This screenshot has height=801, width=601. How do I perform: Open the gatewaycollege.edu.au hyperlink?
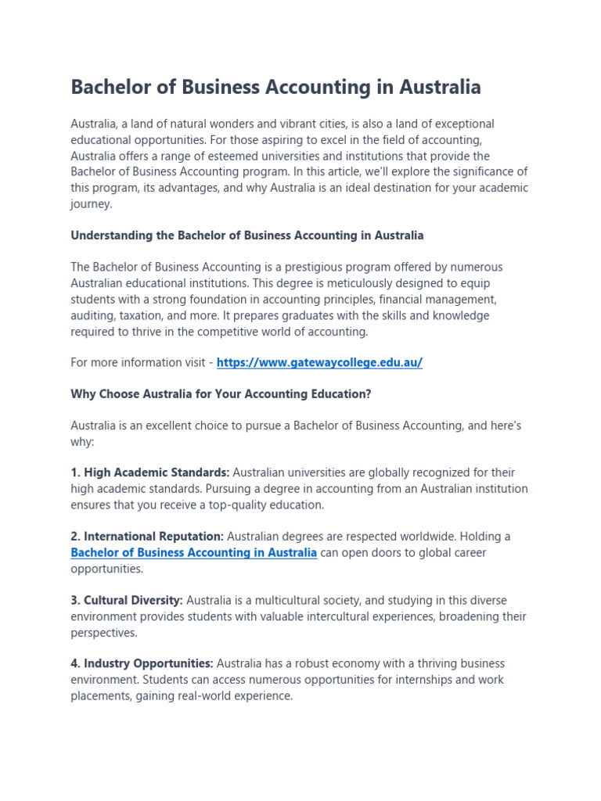coord(319,363)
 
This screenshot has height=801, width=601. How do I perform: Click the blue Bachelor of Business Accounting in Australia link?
coord(194,553)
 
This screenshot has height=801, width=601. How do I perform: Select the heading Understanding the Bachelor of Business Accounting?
coord(247,235)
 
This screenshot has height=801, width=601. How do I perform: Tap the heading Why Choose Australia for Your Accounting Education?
coord(221,394)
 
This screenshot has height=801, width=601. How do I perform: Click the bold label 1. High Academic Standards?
coord(150,472)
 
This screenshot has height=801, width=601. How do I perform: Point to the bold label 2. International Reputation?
coord(147,537)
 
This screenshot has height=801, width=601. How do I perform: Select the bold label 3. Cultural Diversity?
coord(127,601)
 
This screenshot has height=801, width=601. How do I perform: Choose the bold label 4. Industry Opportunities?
coord(142,663)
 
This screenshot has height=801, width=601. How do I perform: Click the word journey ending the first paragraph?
coord(91,204)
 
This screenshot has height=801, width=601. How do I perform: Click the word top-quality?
coord(233,505)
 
